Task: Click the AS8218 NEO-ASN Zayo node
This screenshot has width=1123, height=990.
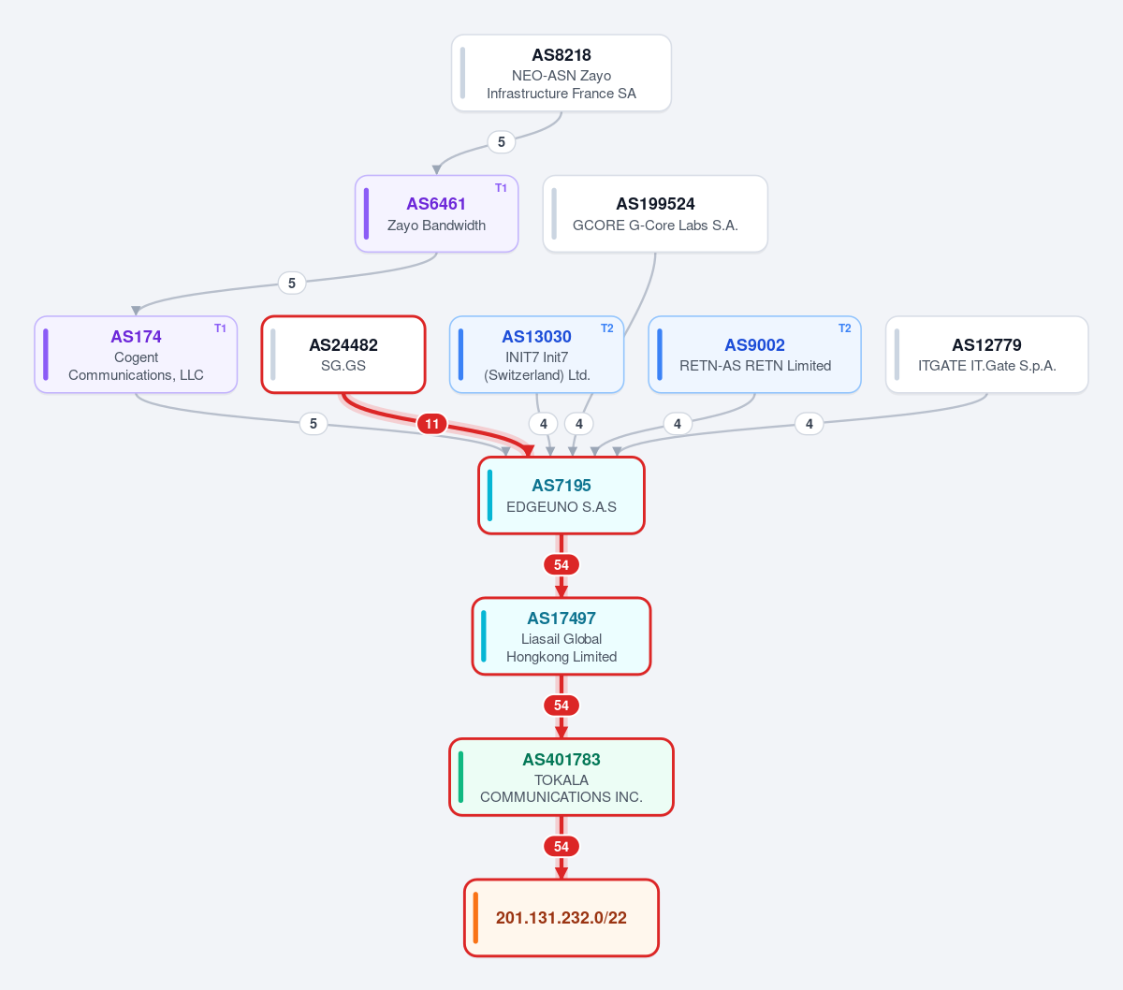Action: click(561, 73)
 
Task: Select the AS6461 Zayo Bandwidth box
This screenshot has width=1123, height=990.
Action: click(436, 214)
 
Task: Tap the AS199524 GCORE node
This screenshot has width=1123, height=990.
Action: click(655, 214)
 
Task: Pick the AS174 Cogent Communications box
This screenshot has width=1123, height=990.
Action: click(136, 355)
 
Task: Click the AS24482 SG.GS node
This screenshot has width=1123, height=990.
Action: click(343, 355)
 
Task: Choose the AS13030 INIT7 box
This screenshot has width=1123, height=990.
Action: click(536, 355)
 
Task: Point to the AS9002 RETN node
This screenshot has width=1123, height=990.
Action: click(754, 355)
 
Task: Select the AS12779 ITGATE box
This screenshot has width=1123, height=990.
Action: click(986, 355)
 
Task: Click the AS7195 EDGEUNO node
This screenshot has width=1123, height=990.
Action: click(561, 496)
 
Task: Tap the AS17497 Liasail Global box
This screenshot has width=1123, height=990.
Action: click(561, 636)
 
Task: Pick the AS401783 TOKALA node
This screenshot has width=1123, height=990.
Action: click(561, 778)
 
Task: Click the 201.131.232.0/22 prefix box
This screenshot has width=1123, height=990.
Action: click(561, 918)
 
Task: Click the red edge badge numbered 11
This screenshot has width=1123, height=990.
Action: click(431, 424)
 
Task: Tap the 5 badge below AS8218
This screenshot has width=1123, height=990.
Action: click(501, 142)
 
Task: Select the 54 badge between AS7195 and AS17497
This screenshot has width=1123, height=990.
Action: click(561, 565)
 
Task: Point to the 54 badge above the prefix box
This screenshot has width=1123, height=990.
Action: click(561, 847)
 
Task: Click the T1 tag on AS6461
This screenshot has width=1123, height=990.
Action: click(501, 188)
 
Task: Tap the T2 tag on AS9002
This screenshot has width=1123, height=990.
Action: click(844, 328)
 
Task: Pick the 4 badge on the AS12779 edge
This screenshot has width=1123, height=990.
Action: click(809, 424)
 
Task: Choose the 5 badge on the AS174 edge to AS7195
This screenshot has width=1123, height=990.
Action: click(314, 424)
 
